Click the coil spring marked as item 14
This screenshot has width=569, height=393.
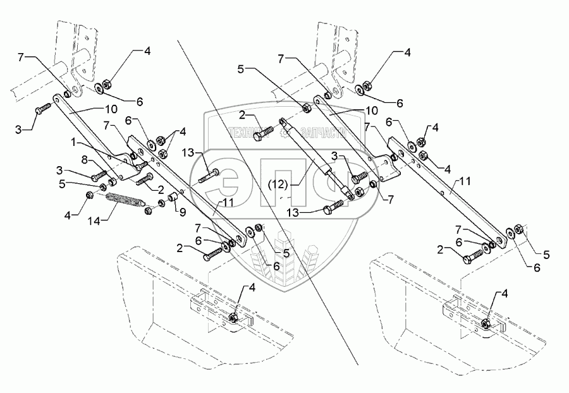coord(126,203)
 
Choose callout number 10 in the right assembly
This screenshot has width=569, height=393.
coord(371,110)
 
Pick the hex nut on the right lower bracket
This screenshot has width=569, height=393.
coord(486,324)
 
